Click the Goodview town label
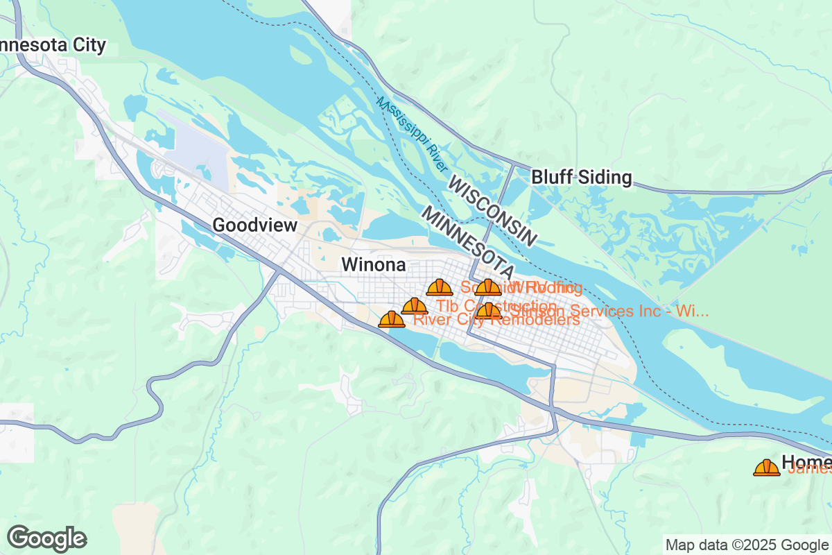(x=254, y=225)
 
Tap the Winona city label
(x=373, y=265)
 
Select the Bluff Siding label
(x=581, y=178)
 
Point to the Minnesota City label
(x=52, y=46)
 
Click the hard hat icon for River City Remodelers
(x=392, y=319)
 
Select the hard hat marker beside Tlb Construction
(x=415, y=306)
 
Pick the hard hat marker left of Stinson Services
(x=488, y=310)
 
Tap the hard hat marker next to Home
(x=766, y=468)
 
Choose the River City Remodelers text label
(x=496, y=320)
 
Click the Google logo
(x=46, y=538)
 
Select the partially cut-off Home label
(x=806, y=462)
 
